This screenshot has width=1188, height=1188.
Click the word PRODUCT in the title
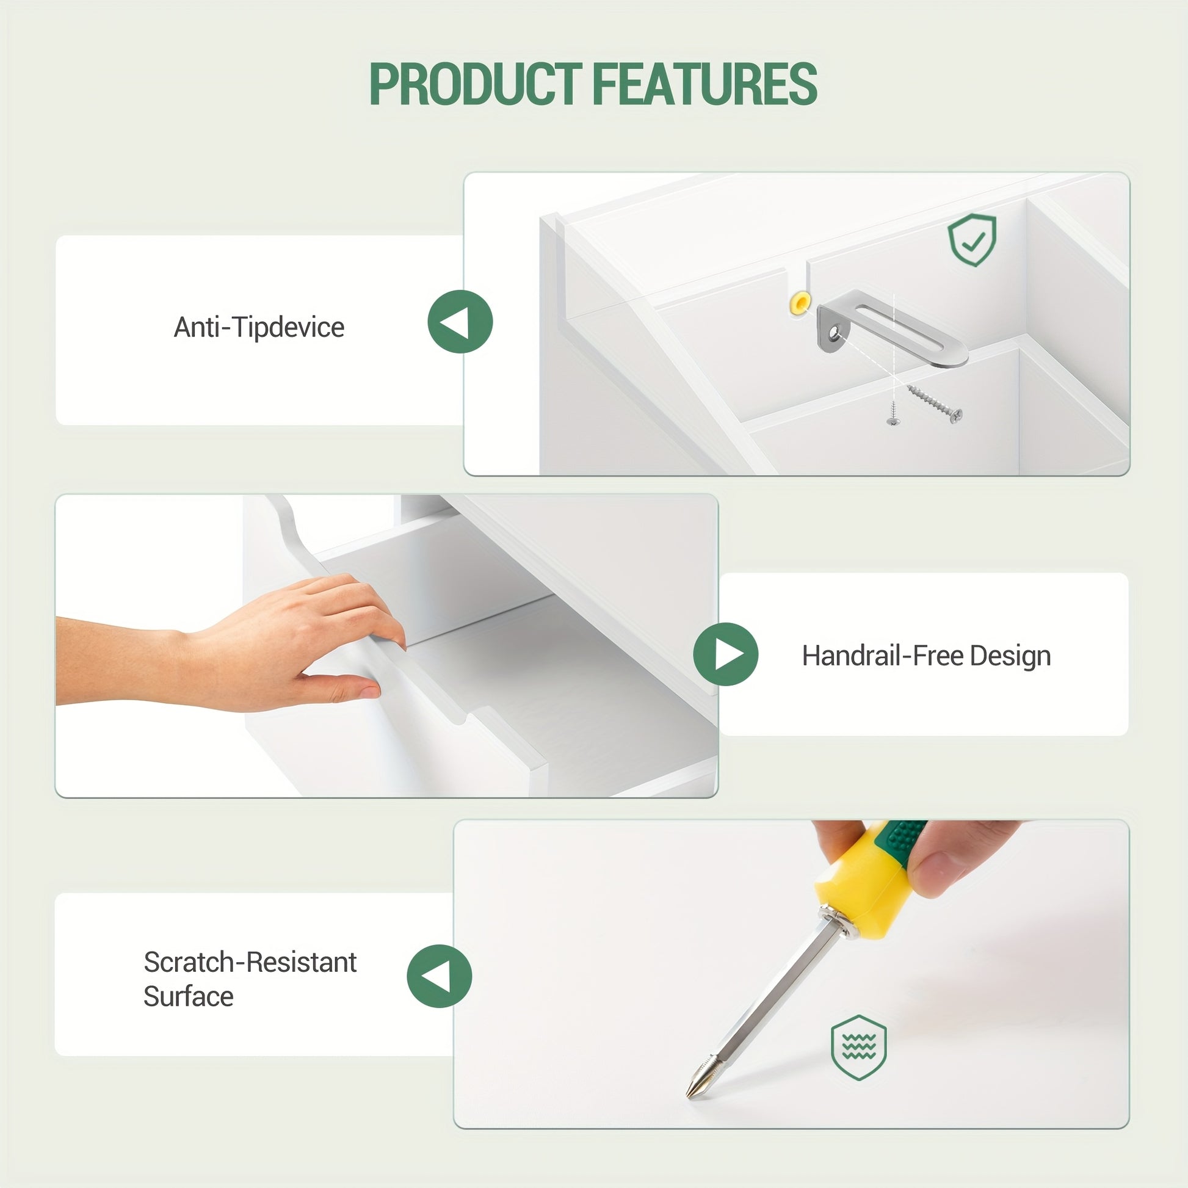tap(476, 84)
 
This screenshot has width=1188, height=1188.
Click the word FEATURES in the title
tap(704, 84)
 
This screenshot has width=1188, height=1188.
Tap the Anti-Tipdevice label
tap(259, 327)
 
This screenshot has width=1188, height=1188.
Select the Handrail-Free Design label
tap(926, 656)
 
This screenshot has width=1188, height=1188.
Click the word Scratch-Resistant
tap(250, 962)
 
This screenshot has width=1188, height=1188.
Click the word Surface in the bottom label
tap(189, 996)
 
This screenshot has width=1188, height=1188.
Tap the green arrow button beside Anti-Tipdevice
tap(460, 322)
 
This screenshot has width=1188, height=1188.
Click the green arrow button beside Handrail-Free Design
tap(726, 654)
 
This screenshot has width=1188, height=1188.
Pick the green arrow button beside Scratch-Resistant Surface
tap(439, 976)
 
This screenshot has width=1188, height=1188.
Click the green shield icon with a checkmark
tap(972, 240)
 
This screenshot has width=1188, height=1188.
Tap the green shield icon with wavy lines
tap(858, 1047)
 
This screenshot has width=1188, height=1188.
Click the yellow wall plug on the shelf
tap(800, 302)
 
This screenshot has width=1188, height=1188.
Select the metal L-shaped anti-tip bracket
tap(892, 329)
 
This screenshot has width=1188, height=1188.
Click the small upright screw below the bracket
tap(893, 413)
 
